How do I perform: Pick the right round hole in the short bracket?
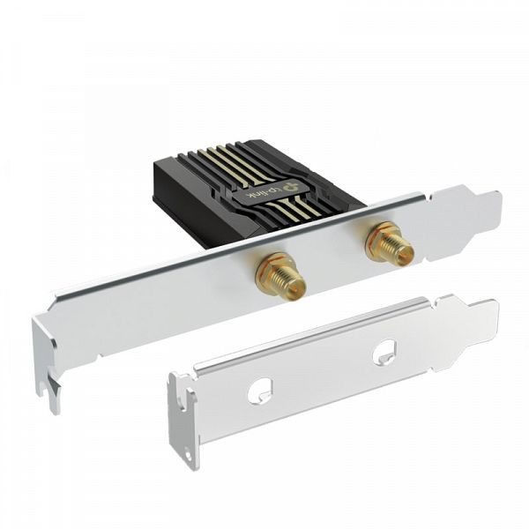pos(384,354)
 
